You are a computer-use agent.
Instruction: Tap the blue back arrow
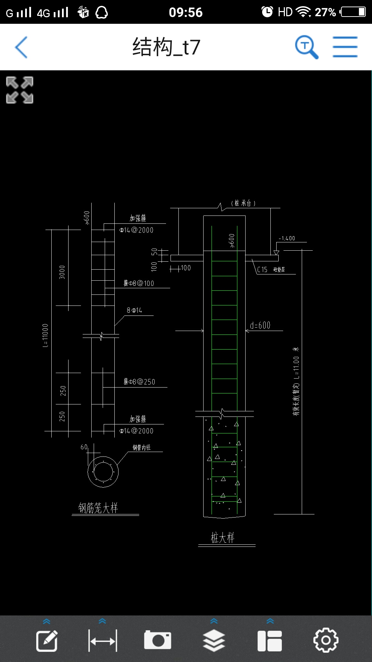[x=21, y=47]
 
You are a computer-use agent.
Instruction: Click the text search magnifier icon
[x=306, y=47]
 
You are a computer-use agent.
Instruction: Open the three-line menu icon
[x=345, y=47]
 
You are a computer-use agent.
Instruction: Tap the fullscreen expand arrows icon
[x=20, y=90]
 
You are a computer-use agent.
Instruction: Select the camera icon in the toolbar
[x=157, y=640]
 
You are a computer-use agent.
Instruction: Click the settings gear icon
[x=325, y=640]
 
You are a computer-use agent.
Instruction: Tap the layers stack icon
[x=214, y=640]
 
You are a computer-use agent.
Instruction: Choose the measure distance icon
[x=103, y=641]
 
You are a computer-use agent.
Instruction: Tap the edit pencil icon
[x=47, y=641]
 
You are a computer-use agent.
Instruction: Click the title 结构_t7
[x=166, y=47]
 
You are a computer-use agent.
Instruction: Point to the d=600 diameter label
[x=260, y=325]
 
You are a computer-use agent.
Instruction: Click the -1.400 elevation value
[x=287, y=238]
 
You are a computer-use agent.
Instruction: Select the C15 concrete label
[x=262, y=270]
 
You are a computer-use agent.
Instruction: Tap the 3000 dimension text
[x=62, y=272]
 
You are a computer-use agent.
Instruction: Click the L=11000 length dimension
[x=45, y=335]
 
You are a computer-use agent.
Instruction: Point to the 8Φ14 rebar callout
[x=134, y=310]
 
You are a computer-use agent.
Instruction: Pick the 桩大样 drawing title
[x=223, y=538]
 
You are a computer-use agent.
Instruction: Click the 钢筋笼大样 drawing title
[x=98, y=508]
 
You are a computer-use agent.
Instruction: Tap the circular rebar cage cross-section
[x=103, y=472]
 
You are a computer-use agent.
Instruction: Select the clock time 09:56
[x=186, y=12]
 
